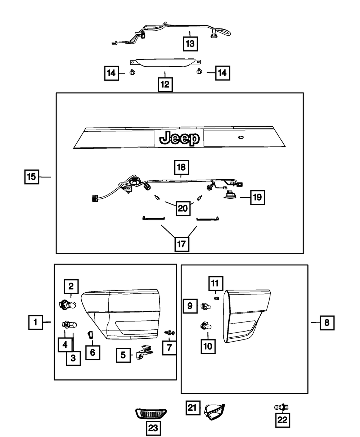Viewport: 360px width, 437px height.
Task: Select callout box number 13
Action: [x=190, y=44]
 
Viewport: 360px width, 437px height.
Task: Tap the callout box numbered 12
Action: [x=165, y=85]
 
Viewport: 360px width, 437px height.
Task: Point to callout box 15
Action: [x=32, y=177]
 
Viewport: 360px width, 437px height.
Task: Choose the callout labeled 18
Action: [x=182, y=167]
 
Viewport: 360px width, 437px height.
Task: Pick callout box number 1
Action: [x=35, y=322]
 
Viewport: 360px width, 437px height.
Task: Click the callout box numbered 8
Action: [x=327, y=323]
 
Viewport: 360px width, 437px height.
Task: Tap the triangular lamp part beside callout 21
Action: [x=215, y=411]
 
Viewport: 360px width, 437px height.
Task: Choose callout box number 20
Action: [x=183, y=208]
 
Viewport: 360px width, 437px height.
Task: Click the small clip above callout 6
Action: [x=90, y=334]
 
